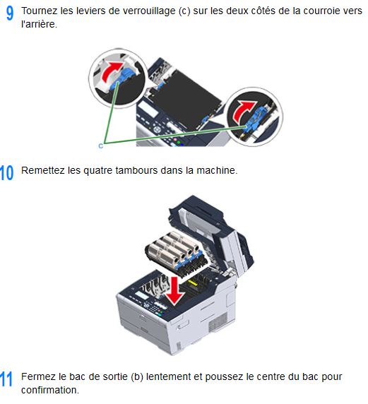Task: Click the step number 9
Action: click(9, 13)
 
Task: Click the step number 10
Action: click(6, 172)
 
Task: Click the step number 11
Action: click(6, 379)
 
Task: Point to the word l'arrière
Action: click(39, 24)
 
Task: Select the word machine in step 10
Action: click(217, 170)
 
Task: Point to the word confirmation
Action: click(50, 390)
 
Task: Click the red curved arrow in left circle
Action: click(112, 71)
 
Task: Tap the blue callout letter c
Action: click(101, 146)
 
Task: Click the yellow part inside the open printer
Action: click(193, 283)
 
